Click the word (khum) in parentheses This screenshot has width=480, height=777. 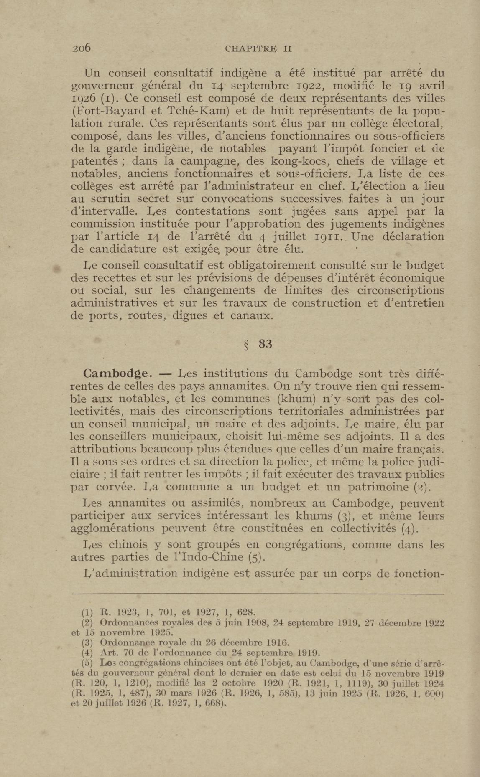[296, 399]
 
